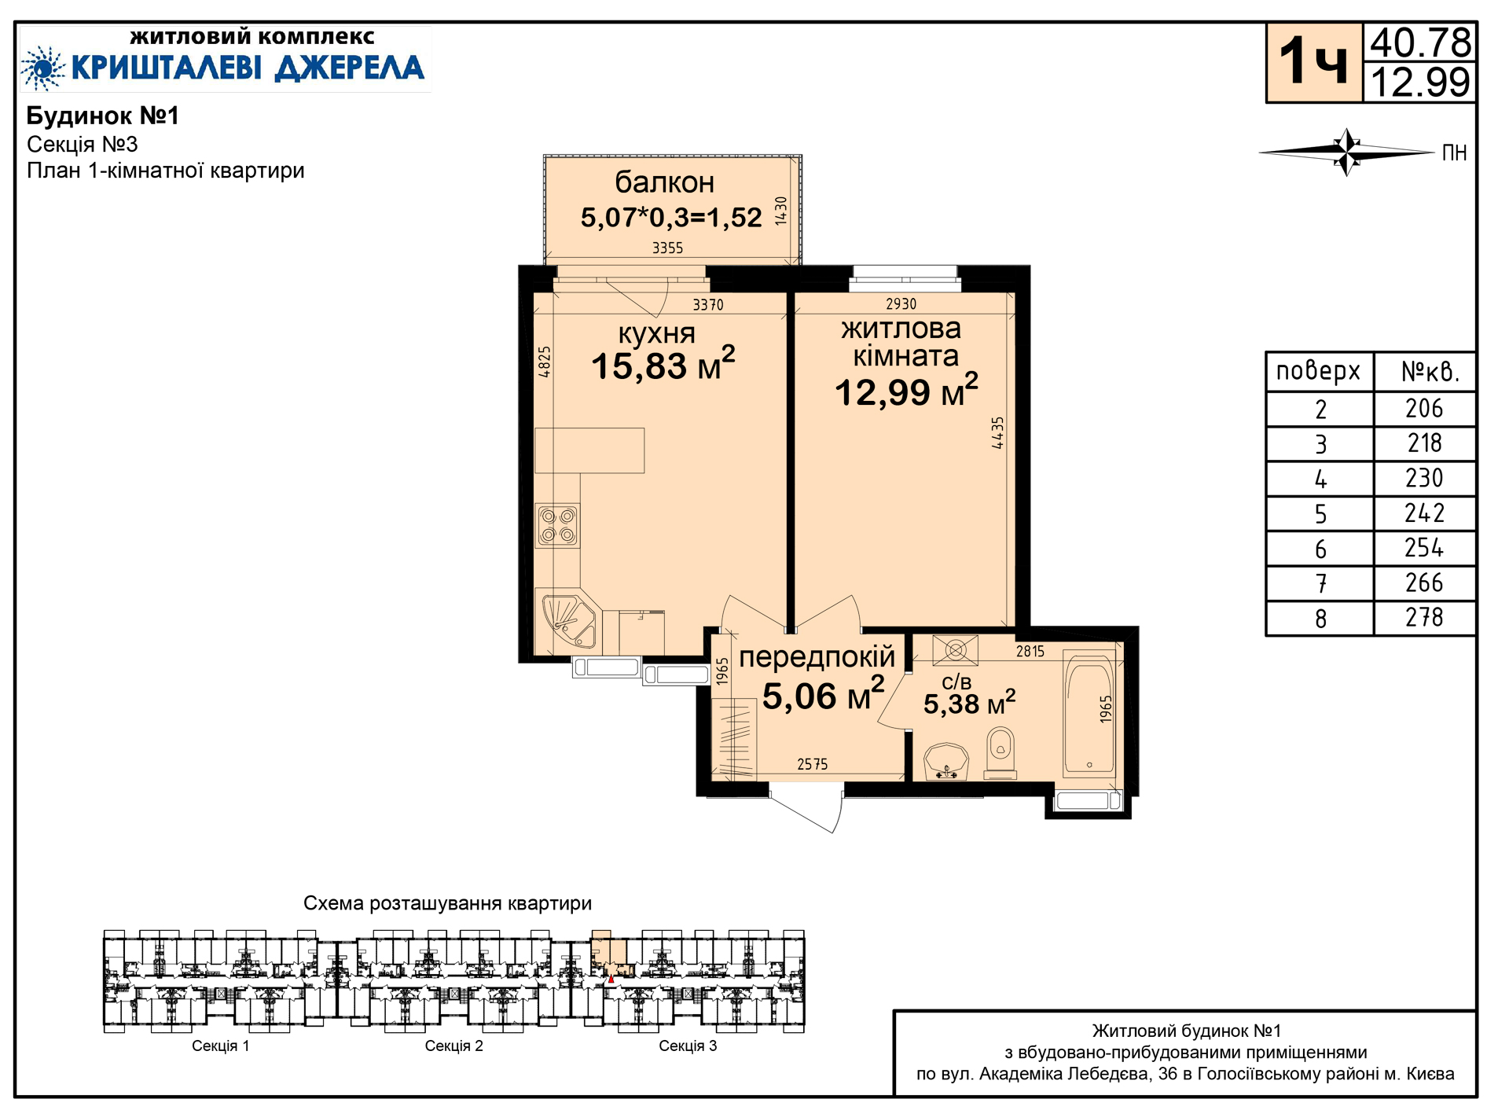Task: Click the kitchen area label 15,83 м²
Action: (x=663, y=365)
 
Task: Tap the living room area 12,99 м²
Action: (x=906, y=391)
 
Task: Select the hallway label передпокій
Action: (x=817, y=656)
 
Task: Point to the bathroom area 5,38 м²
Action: (x=970, y=703)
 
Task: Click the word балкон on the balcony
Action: (x=665, y=182)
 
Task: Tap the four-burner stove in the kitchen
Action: (x=557, y=525)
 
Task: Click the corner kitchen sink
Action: (x=567, y=620)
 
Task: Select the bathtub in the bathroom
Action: (x=1089, y=712)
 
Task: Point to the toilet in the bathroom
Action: (x=1000, y=752)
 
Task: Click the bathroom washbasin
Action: (x=946, y=761)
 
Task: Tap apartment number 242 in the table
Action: (x=1424, y=513)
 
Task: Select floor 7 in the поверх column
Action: (x=1321, y=583)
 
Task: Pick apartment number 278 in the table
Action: (x=1424, y=618)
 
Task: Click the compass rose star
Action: (x=1347, y=152)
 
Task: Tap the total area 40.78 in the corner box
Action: (x=1421, y=42)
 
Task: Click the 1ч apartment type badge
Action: (x=1314, y=62)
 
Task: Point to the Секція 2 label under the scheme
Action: (x=454, y=1046)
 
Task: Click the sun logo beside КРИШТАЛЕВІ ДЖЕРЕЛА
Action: (x=43, y=68)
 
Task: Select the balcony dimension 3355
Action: (x=668, y=248)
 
